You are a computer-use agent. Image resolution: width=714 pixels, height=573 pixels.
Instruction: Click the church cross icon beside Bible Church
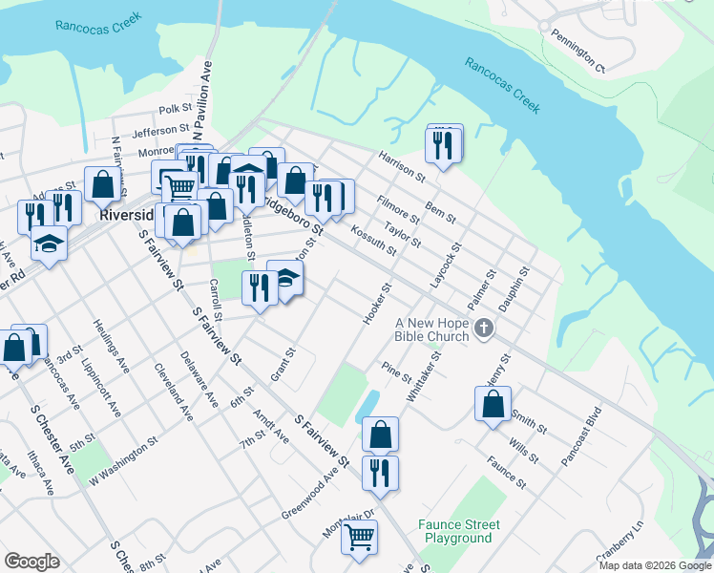(x=484, y=329)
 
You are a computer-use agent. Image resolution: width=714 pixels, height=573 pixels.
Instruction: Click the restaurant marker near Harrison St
(x=444, y=144)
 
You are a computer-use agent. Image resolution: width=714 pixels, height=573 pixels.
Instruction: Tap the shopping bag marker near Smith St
(x=493, y=404)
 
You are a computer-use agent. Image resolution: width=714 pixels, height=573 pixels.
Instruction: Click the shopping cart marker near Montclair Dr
(x=359, y=538)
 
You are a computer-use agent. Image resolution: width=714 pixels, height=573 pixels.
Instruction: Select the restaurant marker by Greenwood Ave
(x=380, y=473)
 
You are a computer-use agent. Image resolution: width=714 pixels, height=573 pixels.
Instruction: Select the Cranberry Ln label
(x=619, y=541)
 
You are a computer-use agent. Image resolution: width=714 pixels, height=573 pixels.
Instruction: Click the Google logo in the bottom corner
(x=31, y=561)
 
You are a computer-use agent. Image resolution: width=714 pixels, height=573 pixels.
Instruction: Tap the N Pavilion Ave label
(x=202, y=95)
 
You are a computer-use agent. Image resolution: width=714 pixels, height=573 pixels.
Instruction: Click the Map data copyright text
(x=654, y=565)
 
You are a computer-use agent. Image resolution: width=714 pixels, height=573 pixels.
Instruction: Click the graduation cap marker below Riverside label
(x=49, y=244)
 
